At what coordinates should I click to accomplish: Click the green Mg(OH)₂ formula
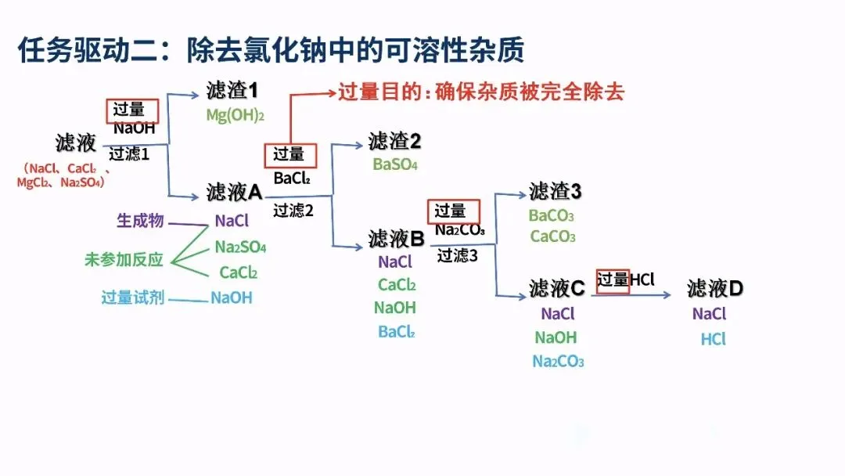236,116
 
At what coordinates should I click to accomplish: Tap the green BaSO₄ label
395,164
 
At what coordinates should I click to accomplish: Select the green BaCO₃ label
552,215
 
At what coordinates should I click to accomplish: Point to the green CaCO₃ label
552,236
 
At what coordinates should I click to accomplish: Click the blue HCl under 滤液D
713,339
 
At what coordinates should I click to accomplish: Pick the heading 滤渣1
232,91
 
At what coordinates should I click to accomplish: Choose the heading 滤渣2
395,142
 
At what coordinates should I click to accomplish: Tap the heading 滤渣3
556,191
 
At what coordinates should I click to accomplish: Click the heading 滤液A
234,192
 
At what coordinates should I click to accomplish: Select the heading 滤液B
396,239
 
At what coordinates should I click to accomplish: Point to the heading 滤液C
556,288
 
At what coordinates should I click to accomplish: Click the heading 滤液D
715,288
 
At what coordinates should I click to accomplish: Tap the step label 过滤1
129,153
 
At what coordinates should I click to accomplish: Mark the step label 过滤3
458,255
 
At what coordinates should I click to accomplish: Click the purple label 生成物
140,221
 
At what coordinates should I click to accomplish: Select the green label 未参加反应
124,260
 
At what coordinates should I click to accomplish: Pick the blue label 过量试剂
132,297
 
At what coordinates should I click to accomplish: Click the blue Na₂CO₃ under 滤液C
558,361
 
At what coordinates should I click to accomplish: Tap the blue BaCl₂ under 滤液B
396,331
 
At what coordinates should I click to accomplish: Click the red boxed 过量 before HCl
613,280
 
